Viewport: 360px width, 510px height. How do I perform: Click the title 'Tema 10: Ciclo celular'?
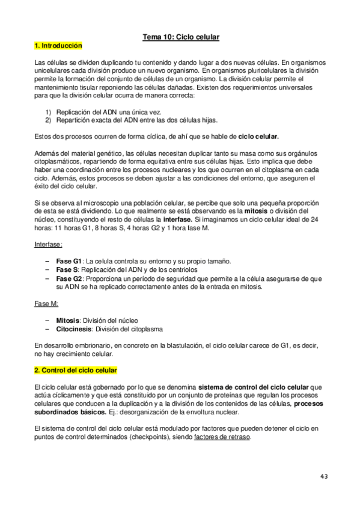(x=180, y=37)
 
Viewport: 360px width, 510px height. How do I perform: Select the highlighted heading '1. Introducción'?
(x=58, y=46)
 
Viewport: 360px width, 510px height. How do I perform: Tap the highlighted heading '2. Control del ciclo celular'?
(x=76, y=369)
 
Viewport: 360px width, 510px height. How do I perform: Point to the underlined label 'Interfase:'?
(x=49, y=245)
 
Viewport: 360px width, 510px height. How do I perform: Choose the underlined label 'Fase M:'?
(x=46, y=304)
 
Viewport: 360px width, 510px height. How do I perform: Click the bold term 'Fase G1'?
(x=69, y=262)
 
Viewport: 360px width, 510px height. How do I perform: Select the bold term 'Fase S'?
(x=67, y=270)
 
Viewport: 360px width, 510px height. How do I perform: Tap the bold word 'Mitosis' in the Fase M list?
(x=68, y=321)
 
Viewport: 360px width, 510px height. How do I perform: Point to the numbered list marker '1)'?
(x=49, y=111)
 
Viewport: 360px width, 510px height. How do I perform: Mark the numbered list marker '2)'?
(x=49, y=120)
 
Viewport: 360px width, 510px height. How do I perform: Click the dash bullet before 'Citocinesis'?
(x=47, y=329)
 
